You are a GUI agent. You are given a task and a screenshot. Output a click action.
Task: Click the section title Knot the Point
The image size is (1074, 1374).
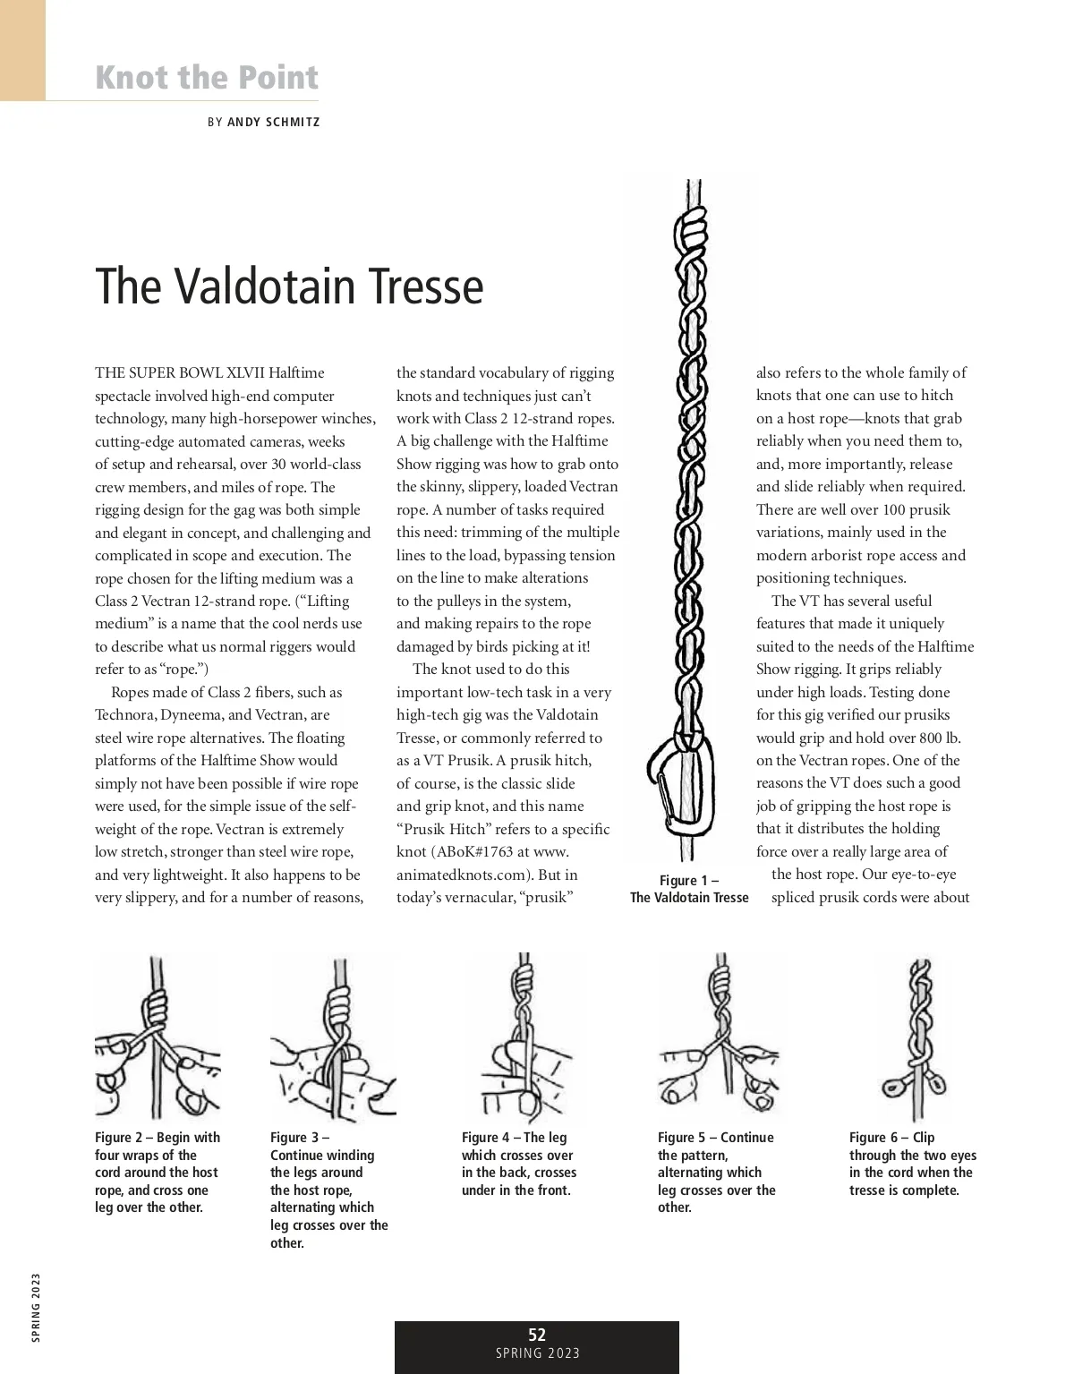207,77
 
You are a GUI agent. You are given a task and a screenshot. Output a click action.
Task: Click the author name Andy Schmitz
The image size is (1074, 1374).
273,122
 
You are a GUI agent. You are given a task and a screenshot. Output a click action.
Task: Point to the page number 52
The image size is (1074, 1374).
537,1335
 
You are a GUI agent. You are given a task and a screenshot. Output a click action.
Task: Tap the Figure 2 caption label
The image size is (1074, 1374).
124,1138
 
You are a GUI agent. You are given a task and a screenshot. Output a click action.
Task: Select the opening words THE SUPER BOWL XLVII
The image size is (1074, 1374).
180,373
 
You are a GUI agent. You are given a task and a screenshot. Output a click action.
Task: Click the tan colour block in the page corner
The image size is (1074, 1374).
22,49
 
